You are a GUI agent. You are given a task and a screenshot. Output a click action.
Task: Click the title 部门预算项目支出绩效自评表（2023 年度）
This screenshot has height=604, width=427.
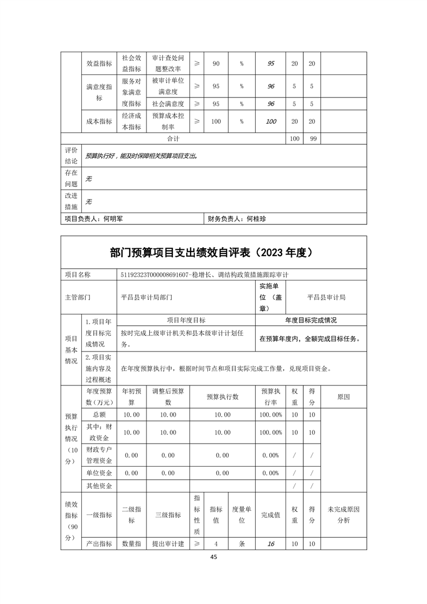214,252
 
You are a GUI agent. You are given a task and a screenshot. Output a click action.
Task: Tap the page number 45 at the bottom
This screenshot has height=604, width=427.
214,557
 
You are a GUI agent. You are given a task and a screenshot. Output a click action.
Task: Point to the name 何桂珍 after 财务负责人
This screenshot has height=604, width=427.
256,219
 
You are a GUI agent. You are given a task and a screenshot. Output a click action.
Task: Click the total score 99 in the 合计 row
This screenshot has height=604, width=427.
311,139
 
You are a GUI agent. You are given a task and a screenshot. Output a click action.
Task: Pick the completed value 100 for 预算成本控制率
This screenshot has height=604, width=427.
271,122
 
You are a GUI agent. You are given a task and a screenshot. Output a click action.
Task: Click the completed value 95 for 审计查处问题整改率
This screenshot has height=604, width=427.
271,64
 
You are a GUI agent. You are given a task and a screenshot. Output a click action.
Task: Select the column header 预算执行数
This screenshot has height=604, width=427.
222,397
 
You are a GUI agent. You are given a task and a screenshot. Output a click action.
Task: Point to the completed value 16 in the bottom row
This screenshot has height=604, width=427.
271,544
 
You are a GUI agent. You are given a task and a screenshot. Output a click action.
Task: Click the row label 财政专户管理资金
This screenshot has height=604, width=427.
100,455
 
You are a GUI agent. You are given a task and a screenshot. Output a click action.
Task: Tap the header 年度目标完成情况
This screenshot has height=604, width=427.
311,320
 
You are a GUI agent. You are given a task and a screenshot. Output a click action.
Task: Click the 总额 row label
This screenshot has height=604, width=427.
100,415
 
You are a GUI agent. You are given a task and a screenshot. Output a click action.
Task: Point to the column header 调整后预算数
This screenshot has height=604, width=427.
168,397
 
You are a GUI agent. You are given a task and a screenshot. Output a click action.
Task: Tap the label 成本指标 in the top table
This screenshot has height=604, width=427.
100,122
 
